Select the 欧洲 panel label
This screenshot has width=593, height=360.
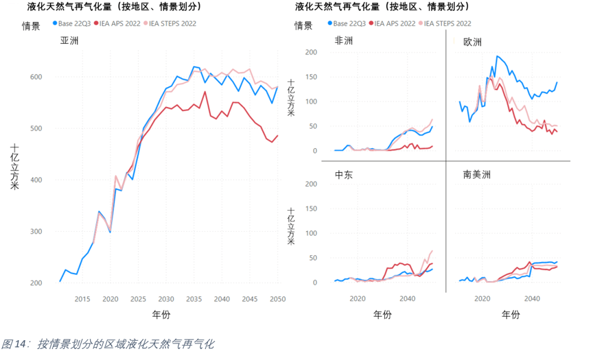pyautogui.click(x=472, y=42)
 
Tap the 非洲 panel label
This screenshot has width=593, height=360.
pyautogui.click(x=344, y=41)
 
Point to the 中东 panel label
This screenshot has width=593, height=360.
pyautogui.click(x=344, y=175)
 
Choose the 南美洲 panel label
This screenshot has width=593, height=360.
pyautogui.click(x=477, y=175)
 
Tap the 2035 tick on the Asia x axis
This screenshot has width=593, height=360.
pyautogui.click(x=194, y=299)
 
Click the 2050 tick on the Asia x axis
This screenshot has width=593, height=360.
pyautogui.click(x=277, y=299)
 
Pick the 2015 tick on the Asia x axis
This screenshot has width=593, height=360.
pyautogui.click(x=82, y=299)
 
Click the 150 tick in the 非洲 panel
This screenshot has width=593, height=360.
pyautogui.click(x=311, y=77)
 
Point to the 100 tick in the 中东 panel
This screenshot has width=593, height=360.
pyautogui.click(x=311, y=233)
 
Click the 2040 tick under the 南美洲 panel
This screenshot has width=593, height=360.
pyautogui.click(x=532, y=299)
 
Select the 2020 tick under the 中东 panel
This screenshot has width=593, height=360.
pyautogui.click(x=357, y=299)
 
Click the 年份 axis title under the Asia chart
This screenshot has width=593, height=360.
pyautogui.click(x=165, y=315)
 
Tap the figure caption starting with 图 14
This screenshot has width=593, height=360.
pyautogui.click(x=108, y=345)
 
